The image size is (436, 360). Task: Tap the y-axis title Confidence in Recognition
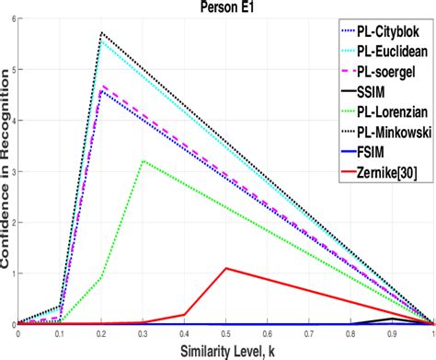point(7,175)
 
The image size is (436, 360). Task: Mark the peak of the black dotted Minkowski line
point(101,33)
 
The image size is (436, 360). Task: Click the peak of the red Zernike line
point(226,268)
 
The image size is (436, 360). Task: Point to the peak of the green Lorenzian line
point(143,161)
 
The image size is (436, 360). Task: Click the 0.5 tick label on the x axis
point(226,335)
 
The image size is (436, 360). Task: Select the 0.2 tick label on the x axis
point(101,335)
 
